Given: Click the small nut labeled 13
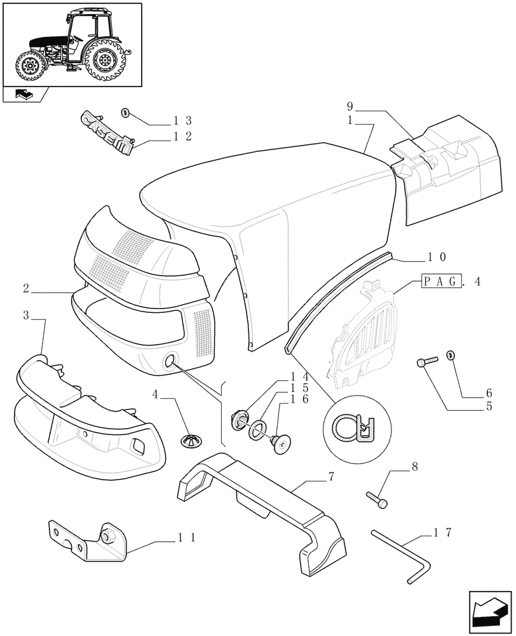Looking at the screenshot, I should point(125,113).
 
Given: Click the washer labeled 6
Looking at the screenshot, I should point(452,354).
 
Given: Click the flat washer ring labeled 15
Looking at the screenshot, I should point(258,429).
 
